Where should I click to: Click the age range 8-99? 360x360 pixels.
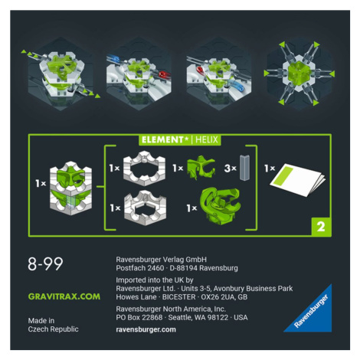(45, 263)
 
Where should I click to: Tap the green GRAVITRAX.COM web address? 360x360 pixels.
(64, 296)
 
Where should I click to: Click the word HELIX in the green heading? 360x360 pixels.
(207, 139)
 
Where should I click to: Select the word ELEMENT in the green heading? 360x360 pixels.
(162, 139)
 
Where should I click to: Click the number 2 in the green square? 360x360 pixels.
(321, 227)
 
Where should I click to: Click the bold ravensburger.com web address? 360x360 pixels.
(146, 329)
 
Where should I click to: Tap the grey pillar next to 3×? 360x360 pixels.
(244, 168)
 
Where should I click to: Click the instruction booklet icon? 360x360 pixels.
(298, 180)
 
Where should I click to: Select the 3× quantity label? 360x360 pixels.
(231, 169)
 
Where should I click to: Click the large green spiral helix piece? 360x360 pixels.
(221, 206)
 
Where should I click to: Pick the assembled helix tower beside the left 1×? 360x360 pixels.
(70, 188)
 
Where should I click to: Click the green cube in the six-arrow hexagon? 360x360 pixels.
(299, 72)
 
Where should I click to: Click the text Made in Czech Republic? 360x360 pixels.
(53, 325)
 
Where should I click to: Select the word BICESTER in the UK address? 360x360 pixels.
(180, 297)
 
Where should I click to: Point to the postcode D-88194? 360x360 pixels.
(183, 268)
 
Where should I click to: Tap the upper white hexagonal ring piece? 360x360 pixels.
(145, 168)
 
